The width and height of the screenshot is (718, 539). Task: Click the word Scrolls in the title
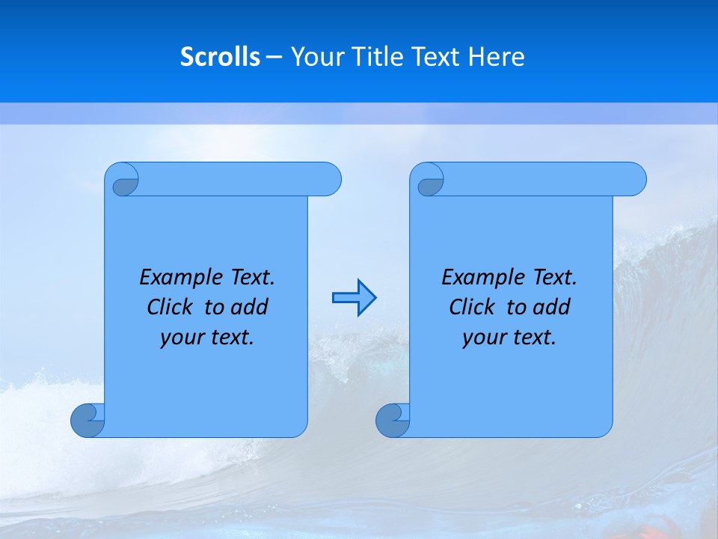(x=220, y=57)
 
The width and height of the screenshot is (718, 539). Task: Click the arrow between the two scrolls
(x=354, y=298)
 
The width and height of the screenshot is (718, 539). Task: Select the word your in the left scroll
(x=181, y=338)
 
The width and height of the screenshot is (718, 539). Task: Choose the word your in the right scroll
(x=483, y=338)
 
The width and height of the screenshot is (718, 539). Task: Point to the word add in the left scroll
(x=249, y=308)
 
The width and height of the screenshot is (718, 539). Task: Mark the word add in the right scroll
(x=551, y=308)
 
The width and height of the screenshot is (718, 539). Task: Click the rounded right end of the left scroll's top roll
(x=329, y=180)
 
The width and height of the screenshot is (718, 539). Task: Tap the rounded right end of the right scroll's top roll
(x=634, y=180)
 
